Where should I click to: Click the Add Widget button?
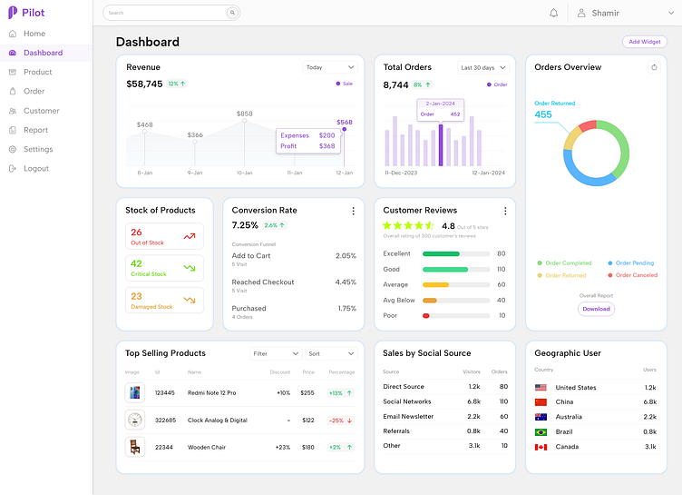[x=645, y=42]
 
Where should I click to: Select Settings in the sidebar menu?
[x=37, y=149]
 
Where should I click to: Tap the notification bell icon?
[x=554, y=13]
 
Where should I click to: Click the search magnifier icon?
[x=232, y=13]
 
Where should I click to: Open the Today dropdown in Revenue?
[x=330, y=67]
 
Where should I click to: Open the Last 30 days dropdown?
[x=483, y=67]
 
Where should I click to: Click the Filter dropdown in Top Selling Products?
[x=276, y=353]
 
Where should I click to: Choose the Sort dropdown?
[x=331, y=353]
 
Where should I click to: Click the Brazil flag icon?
[x=541, y=432]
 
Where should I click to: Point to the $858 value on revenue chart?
[x=245, y=114]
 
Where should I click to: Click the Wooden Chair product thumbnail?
[x=135, y=447]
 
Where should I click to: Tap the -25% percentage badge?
[x=341, y=421]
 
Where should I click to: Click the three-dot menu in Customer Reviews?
[x=505, y=211]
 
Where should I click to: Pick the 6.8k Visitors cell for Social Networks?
[x=473, y=401]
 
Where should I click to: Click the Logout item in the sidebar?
[x=35, y=169]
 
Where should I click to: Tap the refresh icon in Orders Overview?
[x=654, y=67]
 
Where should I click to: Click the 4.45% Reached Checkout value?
[x=346, y=282]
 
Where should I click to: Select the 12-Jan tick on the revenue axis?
[x=345, y=173]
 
